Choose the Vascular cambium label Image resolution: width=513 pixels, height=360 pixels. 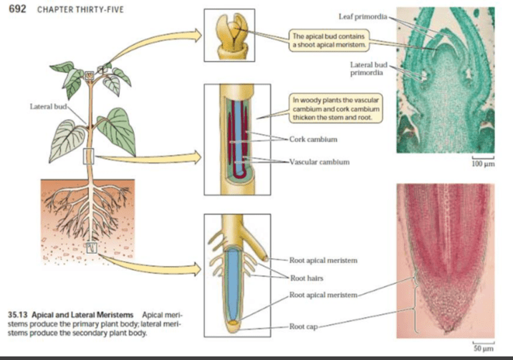coord(320,161)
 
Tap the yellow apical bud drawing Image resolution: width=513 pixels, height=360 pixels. coord(229,36)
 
